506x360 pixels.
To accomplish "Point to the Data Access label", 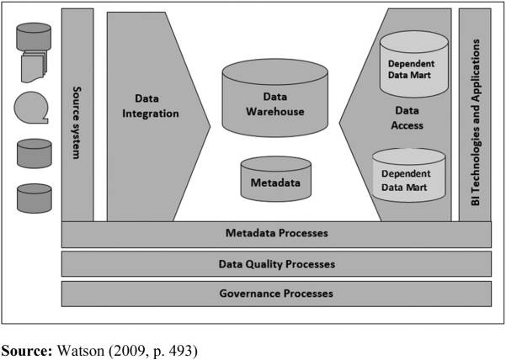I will [x=407, y=118].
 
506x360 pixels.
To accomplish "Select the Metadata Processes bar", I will [x=276, y=234].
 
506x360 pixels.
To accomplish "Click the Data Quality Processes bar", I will [x=276, y=264].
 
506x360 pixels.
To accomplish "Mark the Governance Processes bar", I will [x=276, y=294].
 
